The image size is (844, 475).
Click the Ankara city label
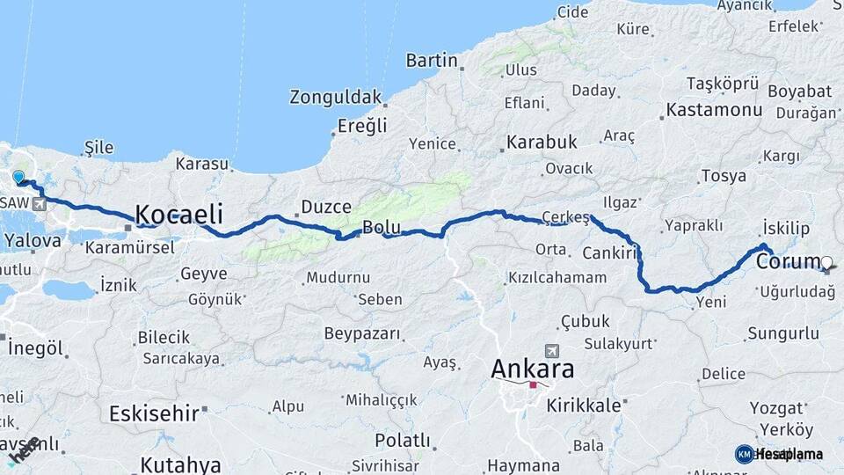coord(533,368)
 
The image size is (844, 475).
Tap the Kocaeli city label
coord(178,214)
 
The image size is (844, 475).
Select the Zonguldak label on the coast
coord(336,97)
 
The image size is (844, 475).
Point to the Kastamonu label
coord(714,111)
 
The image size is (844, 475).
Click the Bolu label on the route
coord(382,227)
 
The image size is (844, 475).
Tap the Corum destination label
coord(788,263)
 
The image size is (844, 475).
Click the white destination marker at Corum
coord(827,261)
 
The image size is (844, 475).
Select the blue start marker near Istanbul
coord(18,177)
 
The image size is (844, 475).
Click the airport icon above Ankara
coord(551,350)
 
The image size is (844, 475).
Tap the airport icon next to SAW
coord(40,204)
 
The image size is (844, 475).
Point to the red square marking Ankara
coord(533,384)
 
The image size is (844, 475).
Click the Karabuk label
coord(542,142)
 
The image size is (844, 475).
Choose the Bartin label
coord(432,61)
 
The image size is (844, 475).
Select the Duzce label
coord(326,207)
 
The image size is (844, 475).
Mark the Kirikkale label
coord(584,406)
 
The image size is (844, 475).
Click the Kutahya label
coord(180,464)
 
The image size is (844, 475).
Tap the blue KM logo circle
coord(744,454)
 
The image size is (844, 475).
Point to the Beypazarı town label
coord(362,334)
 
